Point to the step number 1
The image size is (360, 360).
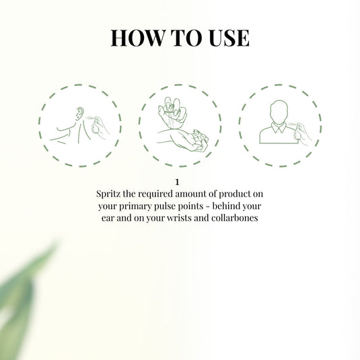point(177,182)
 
